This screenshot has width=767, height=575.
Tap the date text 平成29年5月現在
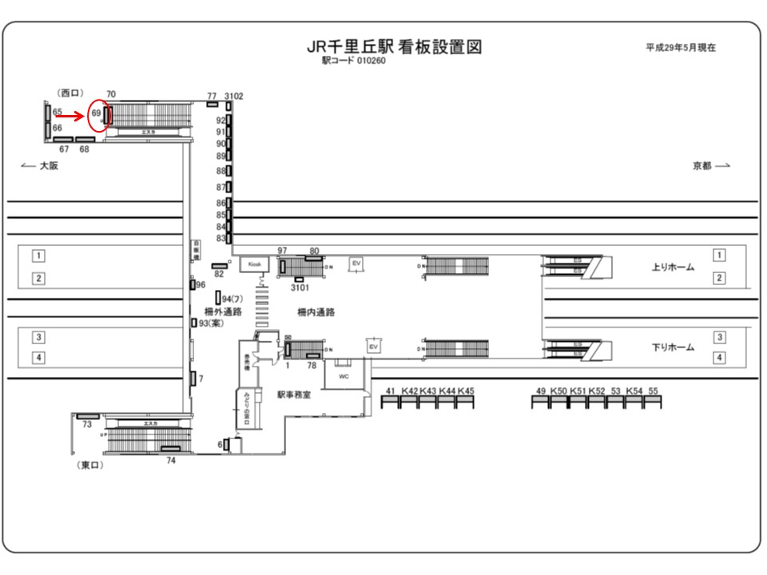coord(681,48)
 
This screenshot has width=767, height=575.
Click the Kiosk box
coord(255,264)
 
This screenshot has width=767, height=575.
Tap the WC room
coord(344,375)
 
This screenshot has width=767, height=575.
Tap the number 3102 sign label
coord(234,96)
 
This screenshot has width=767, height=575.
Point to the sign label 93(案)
coord(212,323)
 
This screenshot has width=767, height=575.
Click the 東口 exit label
coord(90,466)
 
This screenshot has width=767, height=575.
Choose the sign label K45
coord(466,391)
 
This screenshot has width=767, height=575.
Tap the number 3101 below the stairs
coord(300,287)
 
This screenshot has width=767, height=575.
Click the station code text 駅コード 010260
coord(354,61)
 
